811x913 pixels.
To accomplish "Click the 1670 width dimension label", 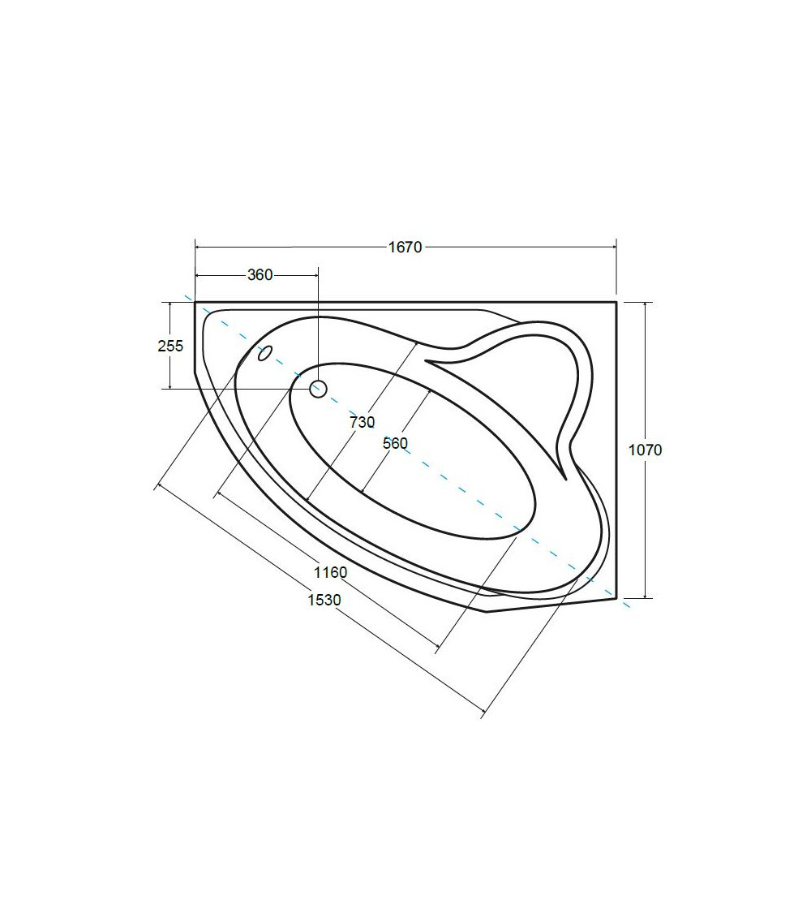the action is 405,248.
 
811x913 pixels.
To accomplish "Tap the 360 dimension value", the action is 260,275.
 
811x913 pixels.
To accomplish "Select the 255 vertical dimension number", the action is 170,346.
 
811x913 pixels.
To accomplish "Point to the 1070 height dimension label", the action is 646,450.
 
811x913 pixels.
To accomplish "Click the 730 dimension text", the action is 363,422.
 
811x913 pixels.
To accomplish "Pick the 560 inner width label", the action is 395,444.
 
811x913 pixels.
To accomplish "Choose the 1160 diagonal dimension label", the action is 330,572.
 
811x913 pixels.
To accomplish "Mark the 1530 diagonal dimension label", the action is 324,599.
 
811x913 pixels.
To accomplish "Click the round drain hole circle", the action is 318,389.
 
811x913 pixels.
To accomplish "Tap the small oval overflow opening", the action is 265,353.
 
